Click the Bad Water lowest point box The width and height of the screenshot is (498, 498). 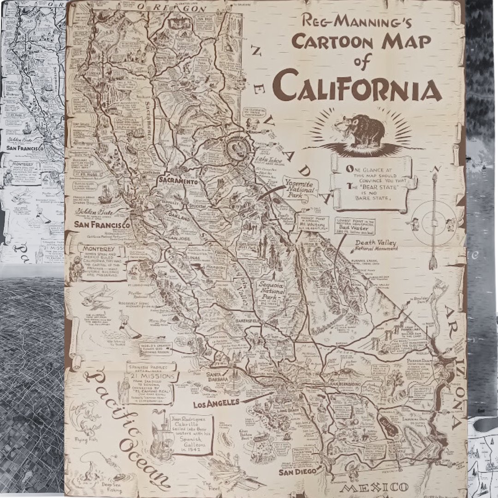pyautogui.click(x=355, y=226)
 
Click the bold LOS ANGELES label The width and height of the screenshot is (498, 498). pyautogui.click(x=216, y=402)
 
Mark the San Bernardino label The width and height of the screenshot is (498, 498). pyautogui.click(x=347, y=384)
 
